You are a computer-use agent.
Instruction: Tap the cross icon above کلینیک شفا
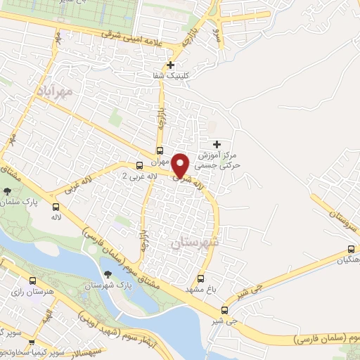[170, 65]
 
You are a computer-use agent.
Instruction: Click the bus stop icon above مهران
[160, 150]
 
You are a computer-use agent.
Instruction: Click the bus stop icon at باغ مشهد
[201, 278]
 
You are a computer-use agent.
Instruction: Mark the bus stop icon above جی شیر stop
[225, 310]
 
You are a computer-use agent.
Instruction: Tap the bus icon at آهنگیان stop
[351, 250]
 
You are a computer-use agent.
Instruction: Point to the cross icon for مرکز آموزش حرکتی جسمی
[217, 144]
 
